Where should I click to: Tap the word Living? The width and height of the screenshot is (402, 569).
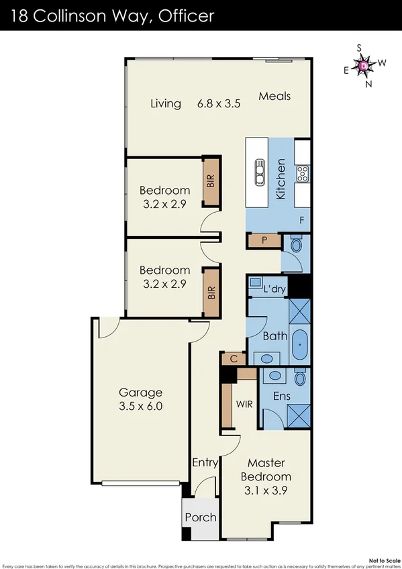[x=166, y=103]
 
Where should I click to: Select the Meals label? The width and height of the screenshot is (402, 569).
[x=274, y=96]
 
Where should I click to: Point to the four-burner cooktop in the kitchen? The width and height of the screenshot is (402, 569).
[x=302, y=173]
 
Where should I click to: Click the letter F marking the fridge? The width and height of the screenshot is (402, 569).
[x=301, y=220]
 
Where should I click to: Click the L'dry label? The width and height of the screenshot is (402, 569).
[x=275, y=289]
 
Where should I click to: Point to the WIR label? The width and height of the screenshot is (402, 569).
[x=244, y=405]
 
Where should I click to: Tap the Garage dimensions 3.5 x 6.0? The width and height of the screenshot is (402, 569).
[x=141, y=406]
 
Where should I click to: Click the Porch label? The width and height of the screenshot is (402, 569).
[x=200, y=517]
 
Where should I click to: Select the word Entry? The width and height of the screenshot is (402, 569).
[x=205, y=463]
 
